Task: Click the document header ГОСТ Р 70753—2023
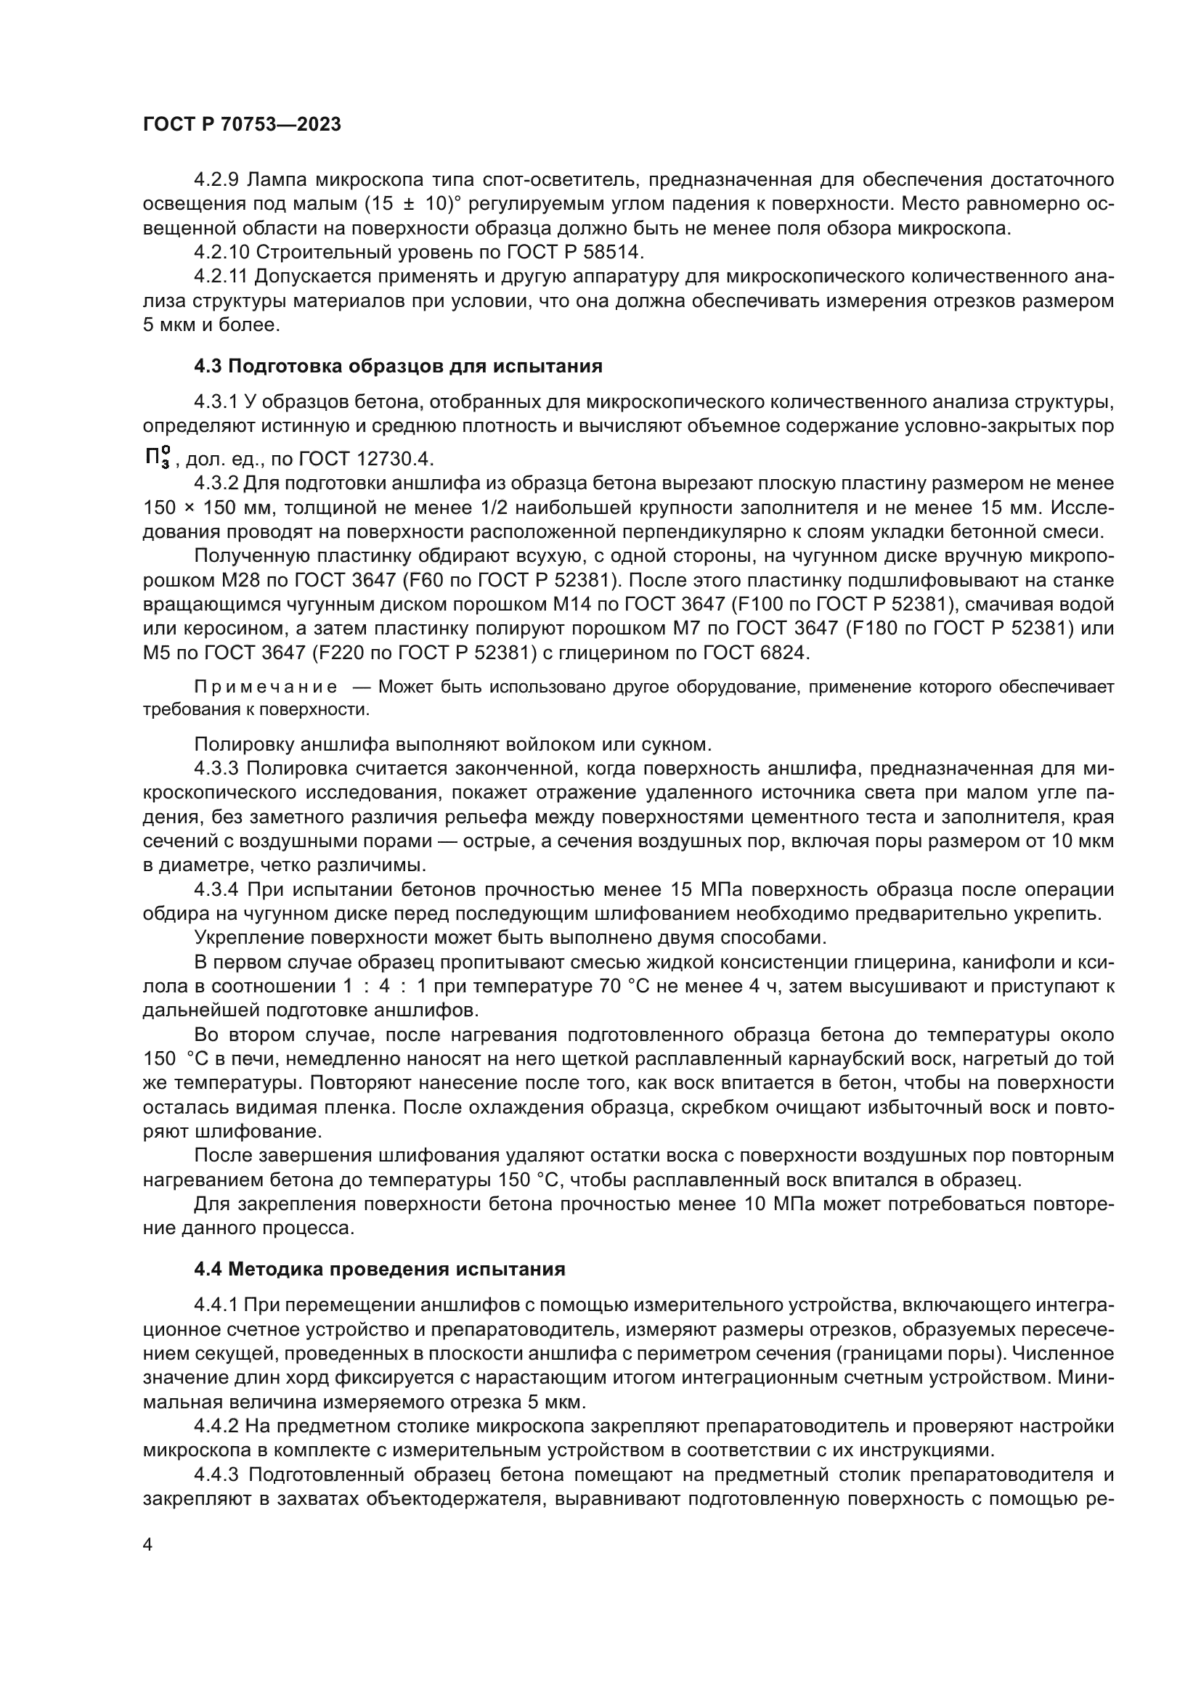tap(242, 125)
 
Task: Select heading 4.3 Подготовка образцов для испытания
tap(398, 366)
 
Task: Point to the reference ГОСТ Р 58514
tap(575, 252)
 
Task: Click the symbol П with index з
tap(157, 458)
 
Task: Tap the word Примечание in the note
tap(266, 687)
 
